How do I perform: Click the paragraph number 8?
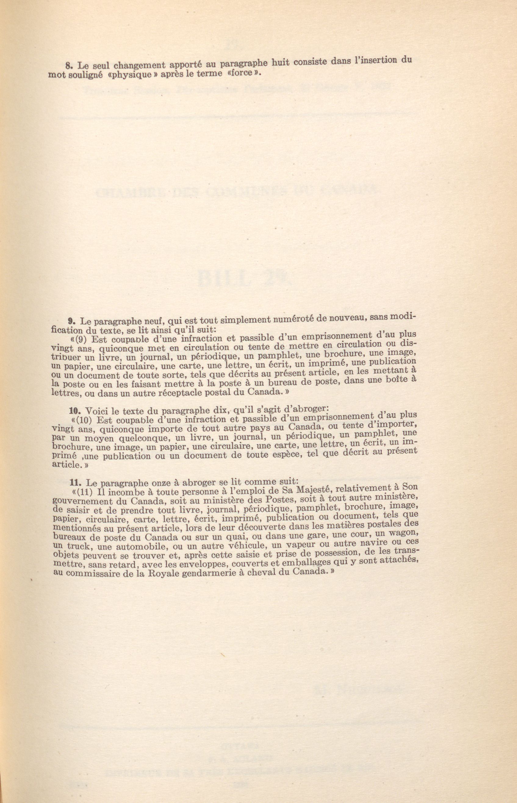tap(67, 66)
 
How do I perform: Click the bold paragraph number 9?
tap(70, 321)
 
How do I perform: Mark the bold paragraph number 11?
tap(74, 483)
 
